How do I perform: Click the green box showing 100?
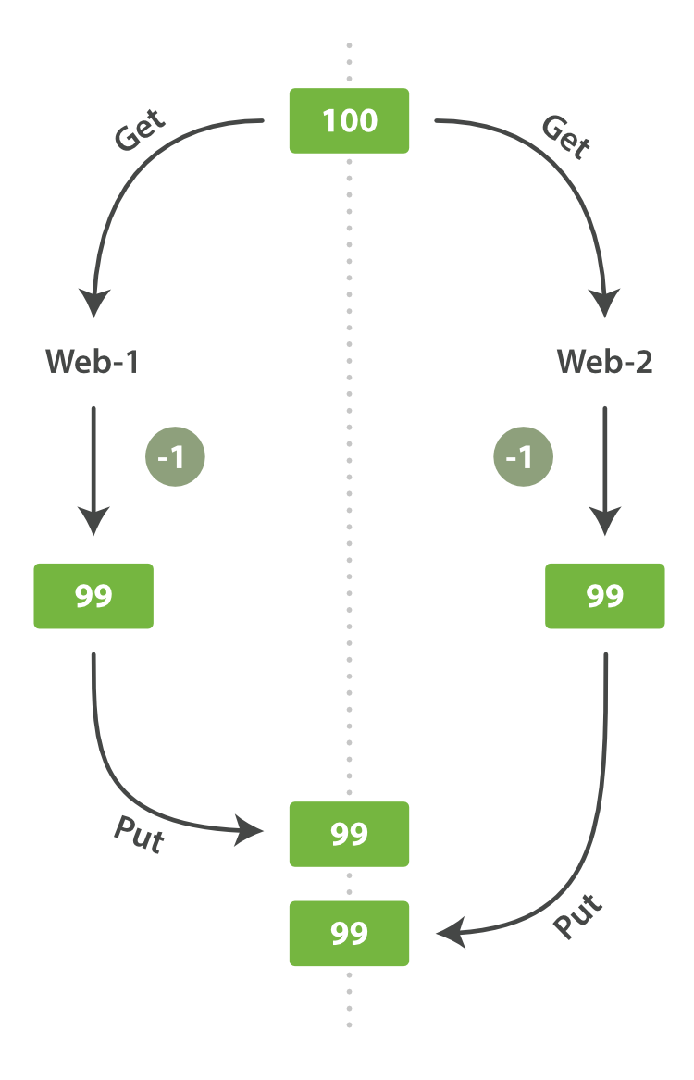pyautogui.click(x=349, y=120)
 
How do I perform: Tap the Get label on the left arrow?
pyautogui.click(x=140, y=130)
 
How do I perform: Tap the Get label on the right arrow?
pyautogui.click(x=565, y=136)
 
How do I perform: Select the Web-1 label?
pyautogui.click(x=93, y=362)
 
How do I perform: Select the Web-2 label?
pyautogui.click(x=604, y=362)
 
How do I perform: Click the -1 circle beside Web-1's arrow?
pyautogui.click(x=175, y=457)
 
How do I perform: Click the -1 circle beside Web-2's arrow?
pyautogui.click(x=523, y=457)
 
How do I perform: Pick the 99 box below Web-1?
pyautogui.click(x=93, y=596)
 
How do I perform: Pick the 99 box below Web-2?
pyautogui.click(x=604, y=596)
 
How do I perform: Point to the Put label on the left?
pyautogui.click(x=139, y=834)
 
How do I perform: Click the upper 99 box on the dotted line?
pyautogui.click(x=349, y=834)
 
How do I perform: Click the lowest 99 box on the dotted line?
pyautogui.click(x=349, y=933)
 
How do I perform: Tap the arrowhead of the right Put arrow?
pyautogui.click(x=452, y=933)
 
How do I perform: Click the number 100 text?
pyautogui.click(x=350, y=120)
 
